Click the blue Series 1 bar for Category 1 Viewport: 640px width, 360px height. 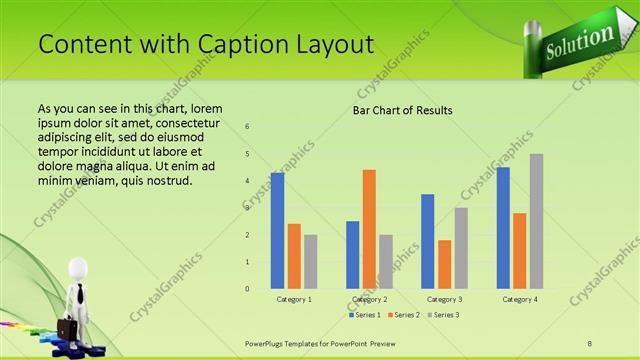point(277,230)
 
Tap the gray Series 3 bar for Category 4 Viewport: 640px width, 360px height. point(536,221)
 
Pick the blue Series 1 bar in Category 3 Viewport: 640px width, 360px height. point(428,241)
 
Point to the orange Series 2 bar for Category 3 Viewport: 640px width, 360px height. point(444,264)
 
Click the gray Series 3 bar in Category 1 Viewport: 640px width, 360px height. point(311,261)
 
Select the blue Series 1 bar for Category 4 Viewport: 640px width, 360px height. point(503,228)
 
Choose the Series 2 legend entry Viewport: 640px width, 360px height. point(403,315)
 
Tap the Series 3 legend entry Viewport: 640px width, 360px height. point(443,315)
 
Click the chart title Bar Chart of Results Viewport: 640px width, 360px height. point(403,110)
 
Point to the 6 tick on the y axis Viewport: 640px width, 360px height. point(248,127)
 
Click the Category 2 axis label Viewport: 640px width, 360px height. point(369,299)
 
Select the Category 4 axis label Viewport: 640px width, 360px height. point(519,299)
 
